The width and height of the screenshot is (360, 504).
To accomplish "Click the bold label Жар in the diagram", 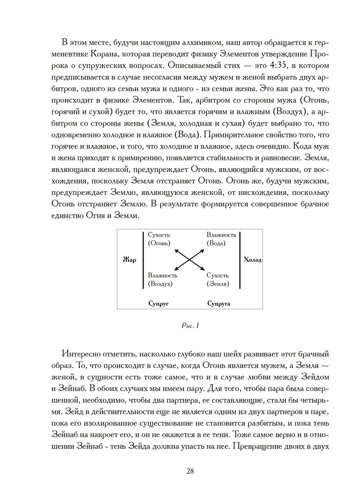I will tap(129, 260).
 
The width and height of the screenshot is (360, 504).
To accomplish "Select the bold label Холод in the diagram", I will tap(252, 260).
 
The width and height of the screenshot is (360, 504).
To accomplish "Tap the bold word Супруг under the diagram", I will tap(158, 303).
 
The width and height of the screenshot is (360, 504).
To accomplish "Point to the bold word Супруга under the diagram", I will tap(219, 303).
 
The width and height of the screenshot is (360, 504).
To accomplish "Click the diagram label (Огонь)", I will tap(159, 243).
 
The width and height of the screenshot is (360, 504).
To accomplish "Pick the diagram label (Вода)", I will tap(216, 243).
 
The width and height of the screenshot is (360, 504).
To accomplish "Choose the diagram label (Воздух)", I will tap(160, 284).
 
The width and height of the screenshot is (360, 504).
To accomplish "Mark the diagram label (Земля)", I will tap(218, 284).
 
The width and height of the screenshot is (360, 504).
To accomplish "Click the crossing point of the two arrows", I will tap(189, 259).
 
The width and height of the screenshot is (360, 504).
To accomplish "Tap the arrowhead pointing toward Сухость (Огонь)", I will tap(176, 251).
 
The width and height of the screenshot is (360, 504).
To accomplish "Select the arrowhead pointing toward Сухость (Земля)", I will tap(203, 268).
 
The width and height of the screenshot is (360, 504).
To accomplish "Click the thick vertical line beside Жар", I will tap(143, 260).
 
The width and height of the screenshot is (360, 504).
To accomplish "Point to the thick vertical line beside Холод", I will tap(240, 260).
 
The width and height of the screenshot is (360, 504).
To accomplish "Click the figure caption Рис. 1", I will tap(190, 325).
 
